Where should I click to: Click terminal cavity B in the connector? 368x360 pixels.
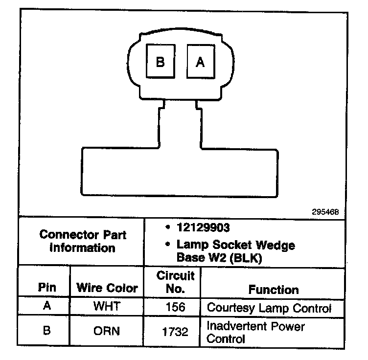(x=160, y=62)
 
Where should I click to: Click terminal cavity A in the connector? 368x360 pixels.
(x=200, y=62)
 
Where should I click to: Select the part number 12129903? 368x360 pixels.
(x=204, y=228)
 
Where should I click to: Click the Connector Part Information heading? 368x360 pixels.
(x=83, y=241)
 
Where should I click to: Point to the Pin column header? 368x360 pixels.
(x=47, y=287)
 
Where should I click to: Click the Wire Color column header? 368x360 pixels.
(x=107, y=288)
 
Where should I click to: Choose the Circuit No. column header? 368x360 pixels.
(x=175, y=282)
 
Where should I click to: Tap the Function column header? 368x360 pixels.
(x=274, y=290)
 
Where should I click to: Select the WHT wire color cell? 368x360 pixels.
(x=107, y=308)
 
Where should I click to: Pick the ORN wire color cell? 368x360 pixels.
(x=107, y=331)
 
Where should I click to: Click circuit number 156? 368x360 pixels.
(x=175, y=308)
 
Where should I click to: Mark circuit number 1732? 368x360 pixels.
(x=175, y=332)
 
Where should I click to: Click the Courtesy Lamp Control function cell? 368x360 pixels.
(x=269, y=308)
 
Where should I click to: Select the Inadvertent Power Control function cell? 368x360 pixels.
(x=255, y=332)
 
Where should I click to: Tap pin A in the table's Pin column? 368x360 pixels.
(x=47, y=307)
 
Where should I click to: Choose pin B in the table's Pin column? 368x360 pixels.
(x=47, y=331)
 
